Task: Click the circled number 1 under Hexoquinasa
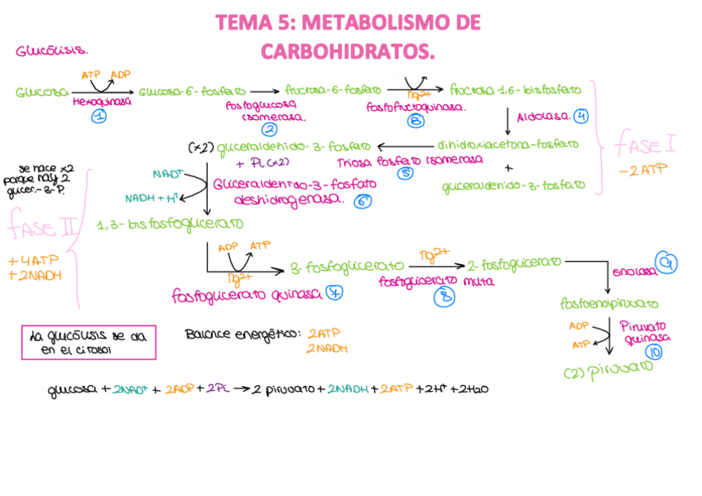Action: click(x=99, y=117)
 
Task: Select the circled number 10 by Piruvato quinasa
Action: click(x=655, y=352)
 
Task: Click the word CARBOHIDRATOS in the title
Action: click(x=347, y=51)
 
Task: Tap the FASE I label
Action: click(x=644, y=147)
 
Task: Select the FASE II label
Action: click(x=42, y=224)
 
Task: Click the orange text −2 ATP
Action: click(x=642, y=170)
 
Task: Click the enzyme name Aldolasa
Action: click(x=543, y=117)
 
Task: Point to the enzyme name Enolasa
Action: click(x=632, y=272)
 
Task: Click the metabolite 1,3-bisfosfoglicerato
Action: click(x=170, y=224)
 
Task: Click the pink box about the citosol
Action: click(x=88, y=342)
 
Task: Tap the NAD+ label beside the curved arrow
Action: click(x=168, y=174)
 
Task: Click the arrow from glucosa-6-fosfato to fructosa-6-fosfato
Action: click(x=264, y=92)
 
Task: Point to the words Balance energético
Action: click(x=241, y=335)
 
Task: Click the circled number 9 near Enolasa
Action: click(x=666, y=262)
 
